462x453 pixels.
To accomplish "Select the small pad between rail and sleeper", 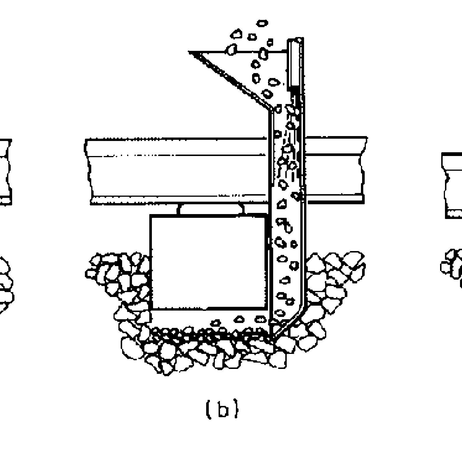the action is (211, 209).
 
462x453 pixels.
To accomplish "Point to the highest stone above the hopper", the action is (262, 23).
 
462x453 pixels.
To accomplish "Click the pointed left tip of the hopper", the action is (189, 52).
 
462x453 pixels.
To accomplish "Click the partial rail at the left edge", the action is (6, 172).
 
